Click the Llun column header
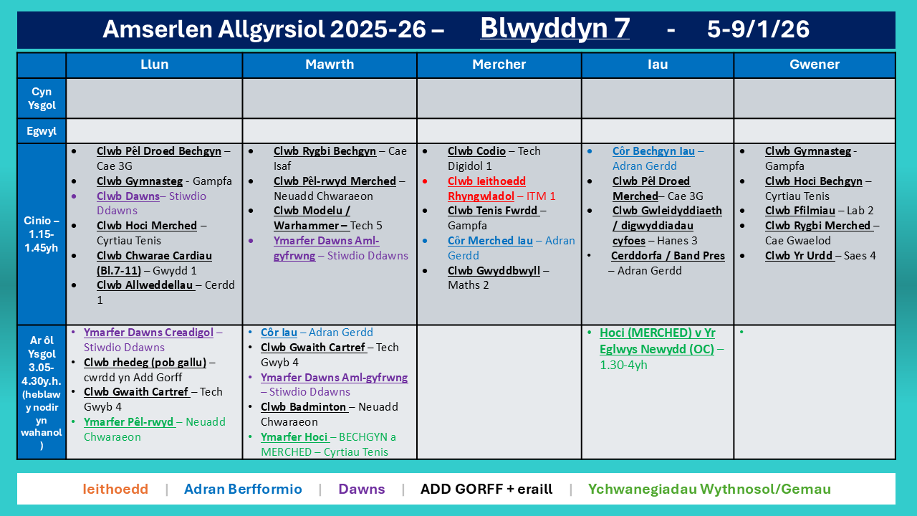coord(154,64)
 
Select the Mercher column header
coord(499,64)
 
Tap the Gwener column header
coord(814,64)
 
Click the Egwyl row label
coord(42,131)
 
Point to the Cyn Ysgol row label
coord(42,98)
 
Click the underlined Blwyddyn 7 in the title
coord(554,29)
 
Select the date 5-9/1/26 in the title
coord(758,29)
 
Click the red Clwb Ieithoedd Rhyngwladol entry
coord(486,188)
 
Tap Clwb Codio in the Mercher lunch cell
coord(476,151)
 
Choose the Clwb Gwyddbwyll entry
coord(494,271)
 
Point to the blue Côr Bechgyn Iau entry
coord(653,151)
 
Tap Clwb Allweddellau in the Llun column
coord(145,285)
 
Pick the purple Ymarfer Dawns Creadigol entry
coord(148,333)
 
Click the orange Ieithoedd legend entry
coord(115,489)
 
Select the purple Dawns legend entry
coord(362,489)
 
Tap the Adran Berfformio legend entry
coord(243,489)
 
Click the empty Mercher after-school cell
coord(499,392)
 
